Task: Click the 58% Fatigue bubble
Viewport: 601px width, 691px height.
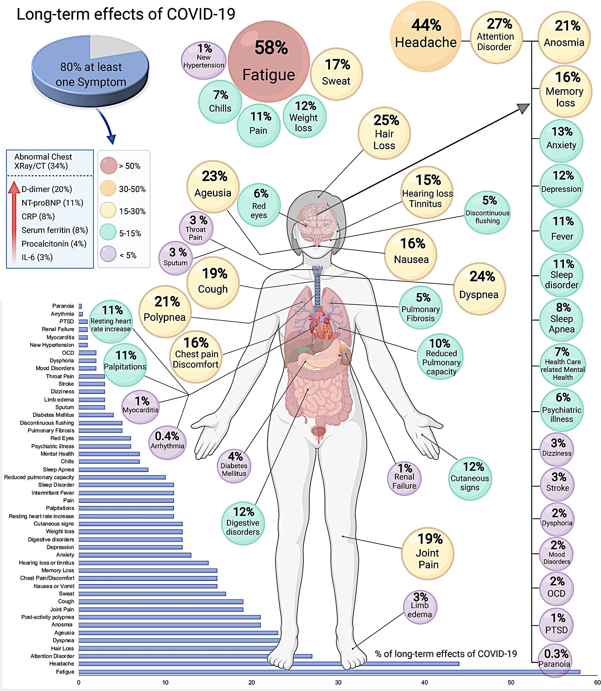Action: (x=269, y=60)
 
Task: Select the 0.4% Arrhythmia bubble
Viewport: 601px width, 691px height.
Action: (x=167, y=441)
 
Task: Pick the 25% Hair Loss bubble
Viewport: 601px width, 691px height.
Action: (x=384, y=133)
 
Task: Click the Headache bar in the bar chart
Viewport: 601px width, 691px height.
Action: (x=268, y=663)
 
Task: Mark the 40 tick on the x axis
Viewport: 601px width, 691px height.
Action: (x=425, y=683)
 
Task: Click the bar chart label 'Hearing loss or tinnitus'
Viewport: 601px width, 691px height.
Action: (x=47, y=563)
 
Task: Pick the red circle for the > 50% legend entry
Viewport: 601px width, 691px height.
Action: (x=108, y=165)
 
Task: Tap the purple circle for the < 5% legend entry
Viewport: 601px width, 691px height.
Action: (x=108, y=254)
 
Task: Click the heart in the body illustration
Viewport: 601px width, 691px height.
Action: (x=320, y=324)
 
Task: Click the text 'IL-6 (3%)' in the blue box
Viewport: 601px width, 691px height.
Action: (x=37, y=257)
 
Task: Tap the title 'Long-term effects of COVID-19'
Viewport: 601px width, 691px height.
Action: (x=126, y=14)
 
